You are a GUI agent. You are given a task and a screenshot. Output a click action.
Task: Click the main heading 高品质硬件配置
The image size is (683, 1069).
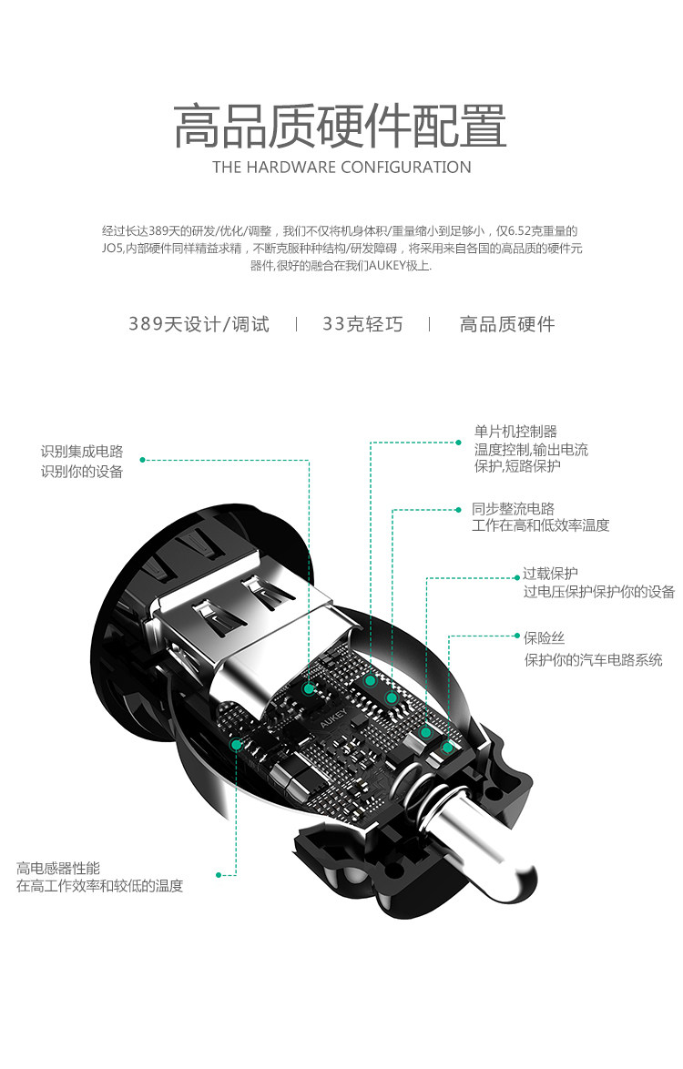click(x=341, y=127)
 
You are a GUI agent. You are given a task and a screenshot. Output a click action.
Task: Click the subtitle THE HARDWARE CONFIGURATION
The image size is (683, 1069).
click(x=341, y=168)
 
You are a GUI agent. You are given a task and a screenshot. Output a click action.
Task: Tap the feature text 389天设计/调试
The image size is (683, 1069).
click(x=199, y=324)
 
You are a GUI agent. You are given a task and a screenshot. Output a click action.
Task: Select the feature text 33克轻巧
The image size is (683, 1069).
click(x=362, y=324)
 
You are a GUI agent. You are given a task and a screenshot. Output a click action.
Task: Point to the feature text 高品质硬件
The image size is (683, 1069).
click(x=507, y=324)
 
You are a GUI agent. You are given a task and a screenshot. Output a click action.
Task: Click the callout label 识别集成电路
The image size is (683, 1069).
click(x=81, y=452)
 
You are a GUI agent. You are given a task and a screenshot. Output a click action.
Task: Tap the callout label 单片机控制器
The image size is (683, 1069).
click(x=515, y=432)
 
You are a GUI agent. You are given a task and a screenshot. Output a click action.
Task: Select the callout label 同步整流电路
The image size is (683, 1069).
click(x=513, y=508)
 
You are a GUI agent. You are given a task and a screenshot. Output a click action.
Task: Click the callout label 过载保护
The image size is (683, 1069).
click(x=550, y=574)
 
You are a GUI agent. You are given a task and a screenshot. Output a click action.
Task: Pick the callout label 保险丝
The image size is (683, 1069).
click(x=544, y=638)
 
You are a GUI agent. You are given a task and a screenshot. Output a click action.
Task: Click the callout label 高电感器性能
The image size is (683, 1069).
click(x=58, y=868)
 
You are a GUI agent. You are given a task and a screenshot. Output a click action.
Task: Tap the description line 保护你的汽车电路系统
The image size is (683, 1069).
click(x=593, y=659)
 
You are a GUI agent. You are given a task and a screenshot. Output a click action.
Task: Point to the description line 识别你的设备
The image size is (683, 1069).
click(x=81, y=472)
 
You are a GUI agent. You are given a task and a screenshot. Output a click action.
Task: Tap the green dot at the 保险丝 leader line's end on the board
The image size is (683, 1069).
click(x=447, y=748)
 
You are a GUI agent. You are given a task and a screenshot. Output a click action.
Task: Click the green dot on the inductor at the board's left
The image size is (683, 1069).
click(x=236, y=744)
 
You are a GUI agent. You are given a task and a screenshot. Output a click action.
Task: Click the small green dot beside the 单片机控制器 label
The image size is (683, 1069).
click(x=459, y=443)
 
